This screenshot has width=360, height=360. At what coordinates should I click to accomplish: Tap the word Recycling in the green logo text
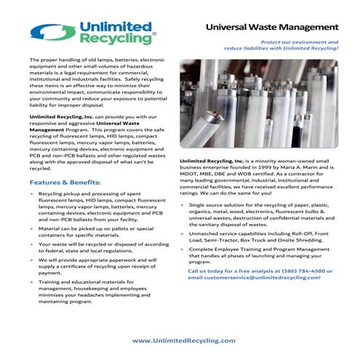(x=112, y=39)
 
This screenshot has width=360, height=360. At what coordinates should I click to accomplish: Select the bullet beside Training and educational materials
(x=31, y=281)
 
